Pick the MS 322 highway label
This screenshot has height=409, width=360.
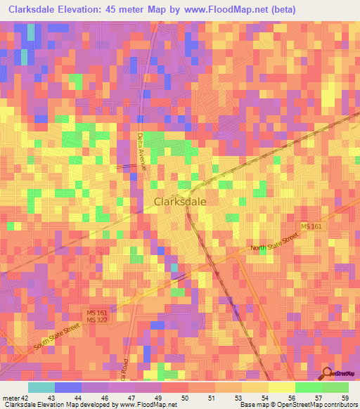(x=96, y=320)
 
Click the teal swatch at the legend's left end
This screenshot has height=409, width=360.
(x=41, y=387)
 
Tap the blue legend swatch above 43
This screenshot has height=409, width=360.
(x=67, y=387)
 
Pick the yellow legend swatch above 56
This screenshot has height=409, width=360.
(x=281, y=387)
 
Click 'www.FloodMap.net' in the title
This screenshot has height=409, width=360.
(x=236, y=10)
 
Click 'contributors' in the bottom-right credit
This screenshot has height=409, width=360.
(x=340, y=405)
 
